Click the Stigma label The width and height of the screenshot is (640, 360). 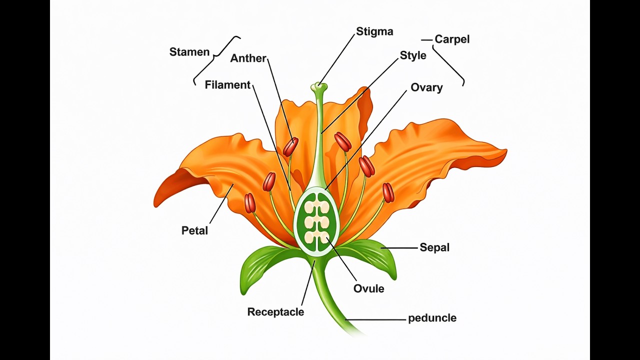coord(374,32)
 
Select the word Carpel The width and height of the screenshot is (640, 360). coord(451,39)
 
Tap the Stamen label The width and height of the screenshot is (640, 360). coord(189,52)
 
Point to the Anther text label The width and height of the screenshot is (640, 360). coord(248,58)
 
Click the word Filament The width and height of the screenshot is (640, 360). coord(227,85)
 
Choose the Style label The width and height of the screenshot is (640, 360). coord(413,55)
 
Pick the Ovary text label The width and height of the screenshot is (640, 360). coord(426,88)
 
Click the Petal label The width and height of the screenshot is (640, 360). coord(194,231)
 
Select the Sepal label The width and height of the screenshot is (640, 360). coord(434,247)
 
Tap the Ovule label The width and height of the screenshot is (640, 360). coord(368,289)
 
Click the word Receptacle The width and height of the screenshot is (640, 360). coord(275,312)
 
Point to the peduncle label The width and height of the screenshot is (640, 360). coord(432,318)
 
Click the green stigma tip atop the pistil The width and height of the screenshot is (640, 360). coord(318,87)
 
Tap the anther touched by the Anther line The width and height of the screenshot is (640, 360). coord(290,147)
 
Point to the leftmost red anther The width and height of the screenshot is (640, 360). coord(250,203)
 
